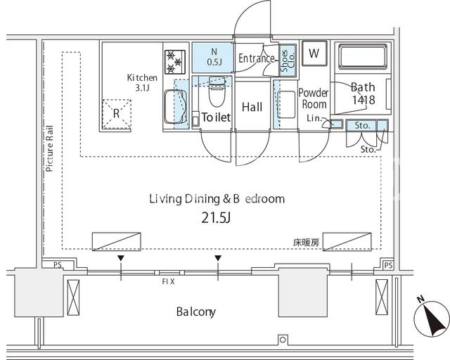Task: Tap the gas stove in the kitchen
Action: [x=175, y=62]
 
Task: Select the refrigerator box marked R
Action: [x=117, y=114]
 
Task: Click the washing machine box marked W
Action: [x=314, y=53]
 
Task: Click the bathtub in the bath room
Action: [x=363, y=57]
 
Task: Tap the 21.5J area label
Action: [x=216, y=218]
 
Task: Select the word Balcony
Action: [x=195, y=311]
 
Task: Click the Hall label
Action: [x=252, y=107]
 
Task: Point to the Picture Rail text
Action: [x=50, y=148]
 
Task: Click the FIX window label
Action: [x=168, y=282]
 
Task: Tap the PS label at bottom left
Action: [x=58, y=264]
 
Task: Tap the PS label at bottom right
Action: [x=388, y=265]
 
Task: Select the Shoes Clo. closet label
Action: [x=288, y=60]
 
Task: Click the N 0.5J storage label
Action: [x=214, y=57]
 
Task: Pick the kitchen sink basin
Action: [x=175, y=106]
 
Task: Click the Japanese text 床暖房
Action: [x=306, y=243]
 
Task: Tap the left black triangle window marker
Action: [x=121, y=258]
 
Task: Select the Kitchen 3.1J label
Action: [x=142, y=82]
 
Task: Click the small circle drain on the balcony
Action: [x=283, y=340]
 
